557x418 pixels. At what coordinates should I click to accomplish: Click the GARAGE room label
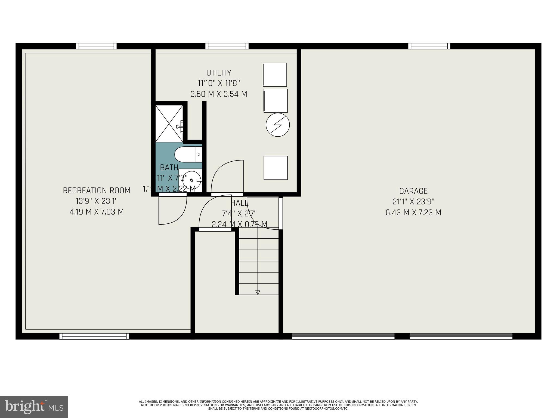point(413,191)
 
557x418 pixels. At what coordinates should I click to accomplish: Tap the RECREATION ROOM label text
point(97,190)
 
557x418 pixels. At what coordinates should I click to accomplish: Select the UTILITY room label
point(219,73)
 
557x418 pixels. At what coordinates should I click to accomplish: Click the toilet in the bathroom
point(188,154)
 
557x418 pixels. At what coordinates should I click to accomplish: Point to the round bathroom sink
point(192,180)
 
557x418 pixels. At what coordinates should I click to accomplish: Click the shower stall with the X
point(169,124)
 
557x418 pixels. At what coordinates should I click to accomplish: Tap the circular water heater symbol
point(277,125)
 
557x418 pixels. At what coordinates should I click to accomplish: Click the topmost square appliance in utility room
point(275,75)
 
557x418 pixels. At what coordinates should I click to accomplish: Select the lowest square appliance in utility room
point(275,168)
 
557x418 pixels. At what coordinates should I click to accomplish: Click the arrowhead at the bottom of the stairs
point(258,293)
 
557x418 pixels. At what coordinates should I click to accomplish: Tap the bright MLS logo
point(34,407)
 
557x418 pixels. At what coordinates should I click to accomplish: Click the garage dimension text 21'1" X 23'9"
point(413,202)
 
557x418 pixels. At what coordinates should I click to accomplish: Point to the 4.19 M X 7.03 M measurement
point(97,212)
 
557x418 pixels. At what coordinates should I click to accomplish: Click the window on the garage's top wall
point(429,46)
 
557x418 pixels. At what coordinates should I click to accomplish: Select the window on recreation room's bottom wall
point(94,336)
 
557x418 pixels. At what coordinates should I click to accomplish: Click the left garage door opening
point(343,336)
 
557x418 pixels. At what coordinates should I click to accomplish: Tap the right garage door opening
point(461,336)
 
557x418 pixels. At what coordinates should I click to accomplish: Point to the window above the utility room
point(227,46)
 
